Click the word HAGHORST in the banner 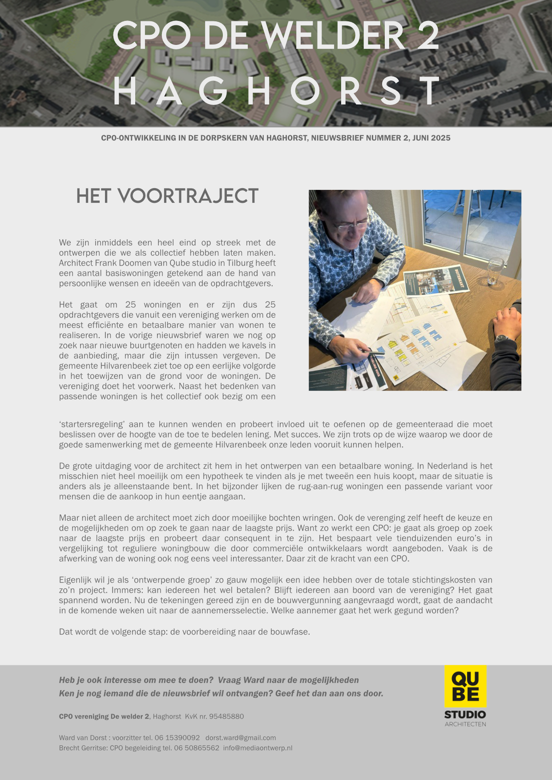[x=276, y=91]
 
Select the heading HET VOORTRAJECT [x=167, y=196]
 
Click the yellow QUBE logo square [x=465, y=686]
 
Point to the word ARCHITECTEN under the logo [x=465, y=724]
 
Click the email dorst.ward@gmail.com [x=241, y=738]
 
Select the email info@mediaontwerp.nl [x=258, y=748]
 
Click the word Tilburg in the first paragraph [x=241, y=263]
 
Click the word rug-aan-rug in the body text [x=320, y=486]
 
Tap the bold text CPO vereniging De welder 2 [x=104, y=716]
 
